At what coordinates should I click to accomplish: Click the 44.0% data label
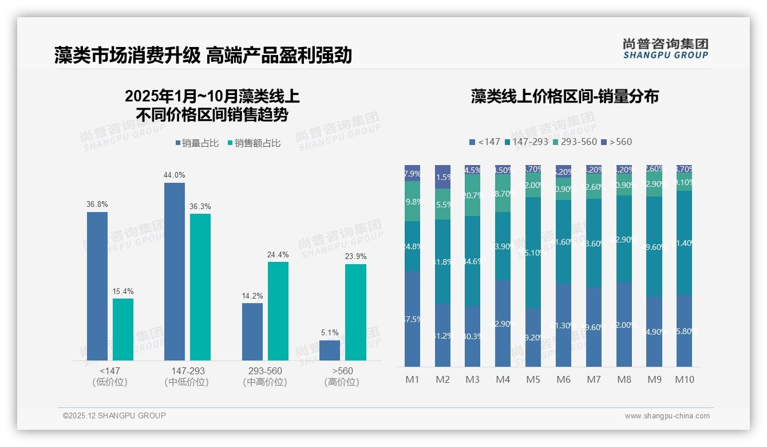[x=175, y=175]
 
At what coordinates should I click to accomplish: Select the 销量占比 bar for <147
[x=97, y=286]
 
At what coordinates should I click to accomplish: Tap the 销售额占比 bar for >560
[x=355, y=312]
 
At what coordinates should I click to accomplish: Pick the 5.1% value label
[x=330, y=332]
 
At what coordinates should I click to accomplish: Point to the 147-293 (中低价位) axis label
[x=188, y=377]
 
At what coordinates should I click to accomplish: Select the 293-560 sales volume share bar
[x=252, y=331]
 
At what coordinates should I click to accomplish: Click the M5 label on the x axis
[x=533, y=379]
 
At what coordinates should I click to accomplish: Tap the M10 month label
[x=684, y=379]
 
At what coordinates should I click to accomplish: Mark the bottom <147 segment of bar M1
[x=412, y=319]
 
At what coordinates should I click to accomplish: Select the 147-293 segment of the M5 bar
[x=533, y=252]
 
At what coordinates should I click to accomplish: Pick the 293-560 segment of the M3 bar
[x=472, y=195]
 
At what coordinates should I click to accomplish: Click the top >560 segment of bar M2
[x=442, y=177]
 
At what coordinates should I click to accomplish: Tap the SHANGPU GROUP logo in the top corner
[x=665, y=49]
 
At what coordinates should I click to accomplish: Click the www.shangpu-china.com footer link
[x=667, y=416]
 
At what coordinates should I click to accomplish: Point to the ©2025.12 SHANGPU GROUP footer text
[x=114, y=415]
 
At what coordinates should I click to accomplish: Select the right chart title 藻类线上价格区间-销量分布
[x=564, y=96]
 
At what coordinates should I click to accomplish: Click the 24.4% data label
[x=278, y=254]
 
